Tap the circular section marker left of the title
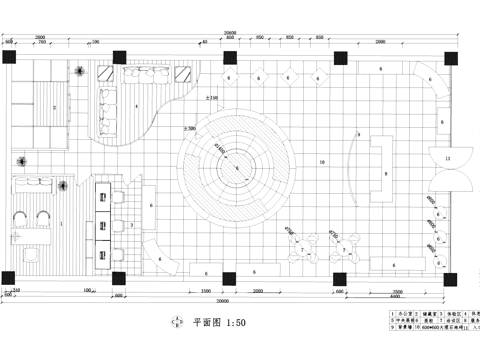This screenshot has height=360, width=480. (178, 322)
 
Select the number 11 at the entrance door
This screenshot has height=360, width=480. (449, 159)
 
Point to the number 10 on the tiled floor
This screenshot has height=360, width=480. (322, 161)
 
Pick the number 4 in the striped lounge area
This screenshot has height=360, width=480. (136, 104)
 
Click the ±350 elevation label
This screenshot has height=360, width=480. (212, 98)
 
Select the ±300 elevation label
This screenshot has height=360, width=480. (189, 129)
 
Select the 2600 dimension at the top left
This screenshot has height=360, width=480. (40, 39)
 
